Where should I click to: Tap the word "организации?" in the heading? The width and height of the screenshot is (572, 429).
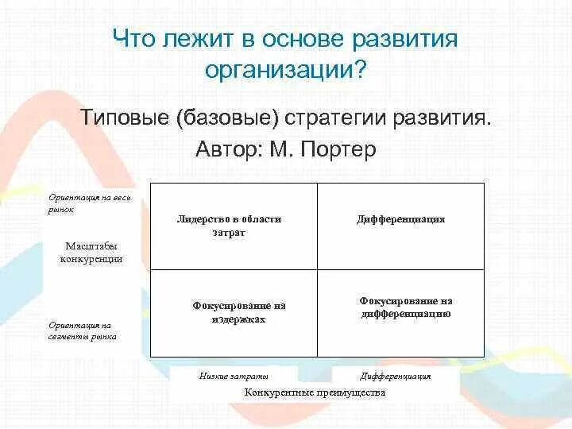(285, 70)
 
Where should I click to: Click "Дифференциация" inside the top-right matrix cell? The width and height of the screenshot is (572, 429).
(400, 219)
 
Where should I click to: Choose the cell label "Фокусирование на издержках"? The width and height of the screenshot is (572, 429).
(238, 312)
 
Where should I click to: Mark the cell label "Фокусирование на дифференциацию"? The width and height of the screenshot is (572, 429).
(405, 307)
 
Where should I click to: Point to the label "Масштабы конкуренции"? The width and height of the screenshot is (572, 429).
(91, 253)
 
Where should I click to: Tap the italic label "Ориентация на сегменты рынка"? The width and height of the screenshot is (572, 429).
(82, 330)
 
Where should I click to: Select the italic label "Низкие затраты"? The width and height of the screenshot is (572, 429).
(234, 376)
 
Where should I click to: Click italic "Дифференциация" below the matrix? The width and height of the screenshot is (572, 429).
(395, 376)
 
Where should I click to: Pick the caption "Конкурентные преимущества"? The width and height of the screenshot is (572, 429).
(315, 392)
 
